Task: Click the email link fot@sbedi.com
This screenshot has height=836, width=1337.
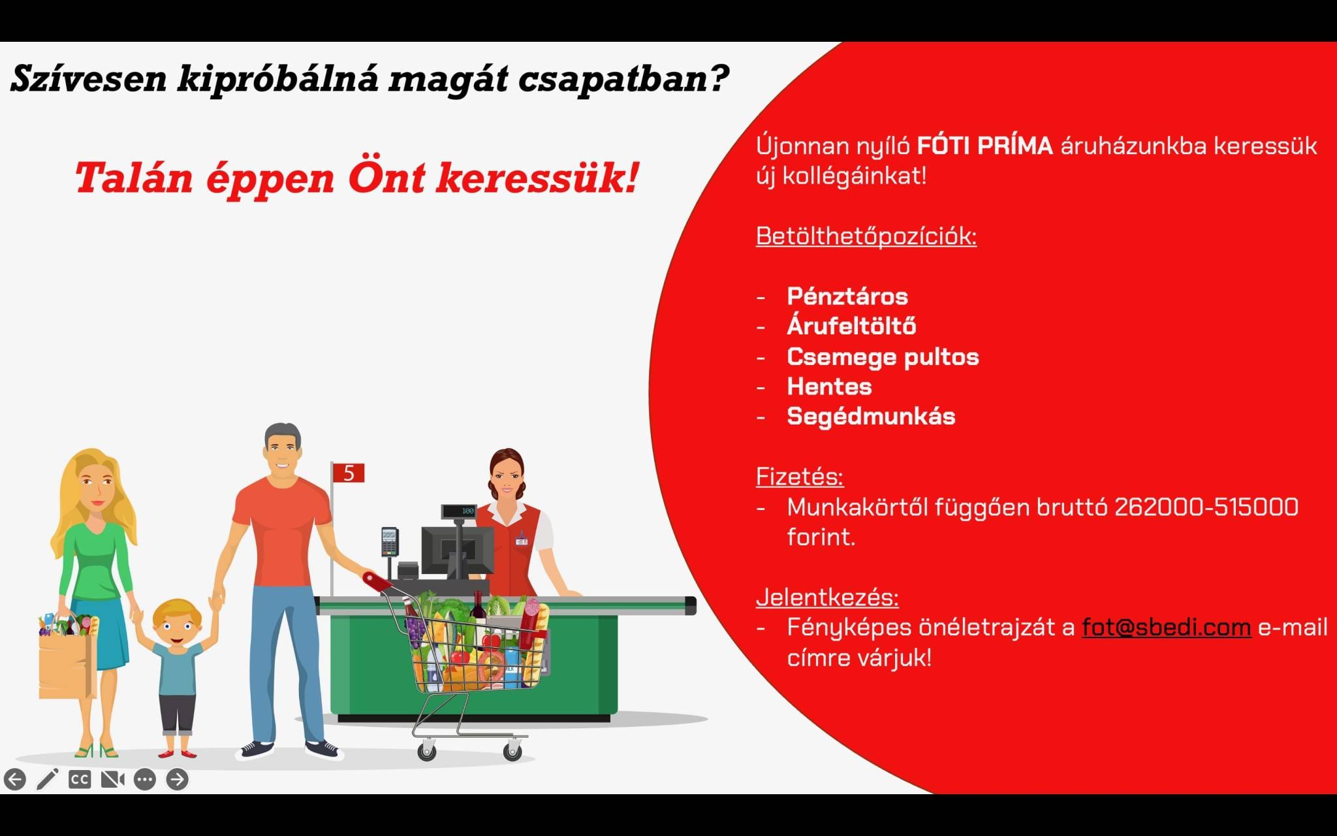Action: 1166,627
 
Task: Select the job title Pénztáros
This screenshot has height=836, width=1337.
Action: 847,297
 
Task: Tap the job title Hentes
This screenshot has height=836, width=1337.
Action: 829,387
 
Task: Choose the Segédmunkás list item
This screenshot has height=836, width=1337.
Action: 871,417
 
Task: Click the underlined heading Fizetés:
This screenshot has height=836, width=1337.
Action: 800,476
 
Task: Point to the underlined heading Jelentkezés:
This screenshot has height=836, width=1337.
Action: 827,598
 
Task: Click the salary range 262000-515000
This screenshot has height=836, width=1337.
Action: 1206,507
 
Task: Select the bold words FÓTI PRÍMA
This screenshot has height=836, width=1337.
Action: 984,145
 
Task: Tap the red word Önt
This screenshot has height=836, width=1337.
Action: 386,178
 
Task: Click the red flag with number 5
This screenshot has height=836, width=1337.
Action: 348,472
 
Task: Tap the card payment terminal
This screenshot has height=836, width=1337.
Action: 389,541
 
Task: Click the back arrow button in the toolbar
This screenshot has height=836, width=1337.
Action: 15,779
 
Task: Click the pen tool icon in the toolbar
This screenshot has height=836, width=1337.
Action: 48,779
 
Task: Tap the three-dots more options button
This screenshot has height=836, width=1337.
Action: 145,779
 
